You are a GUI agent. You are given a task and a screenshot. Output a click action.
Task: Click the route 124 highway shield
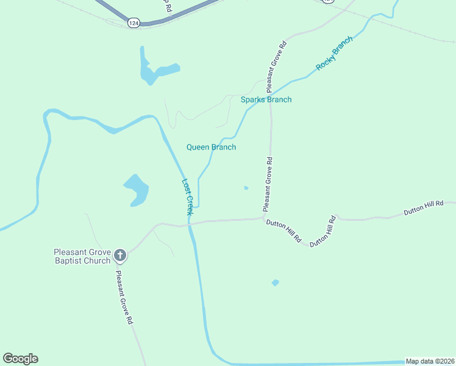click(134, 22)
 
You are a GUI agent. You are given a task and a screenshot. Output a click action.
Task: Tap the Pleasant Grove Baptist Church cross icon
click(120, 256)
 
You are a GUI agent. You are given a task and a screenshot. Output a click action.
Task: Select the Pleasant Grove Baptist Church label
click(82, 256)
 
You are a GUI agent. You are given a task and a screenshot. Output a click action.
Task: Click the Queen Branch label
click(211, 147)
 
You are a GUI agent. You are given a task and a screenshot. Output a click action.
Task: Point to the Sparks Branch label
click(266, 99)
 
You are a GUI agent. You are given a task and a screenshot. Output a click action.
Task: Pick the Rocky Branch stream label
click(334, 53)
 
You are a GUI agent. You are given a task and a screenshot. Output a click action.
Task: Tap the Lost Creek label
click(188, 196)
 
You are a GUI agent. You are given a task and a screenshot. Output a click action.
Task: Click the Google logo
click(20, 359)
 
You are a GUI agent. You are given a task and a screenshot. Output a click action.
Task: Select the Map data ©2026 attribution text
click(430, 361)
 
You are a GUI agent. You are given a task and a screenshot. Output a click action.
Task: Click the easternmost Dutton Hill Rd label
click(423, 208)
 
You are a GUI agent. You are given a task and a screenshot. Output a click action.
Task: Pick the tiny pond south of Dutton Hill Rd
click(275, 282)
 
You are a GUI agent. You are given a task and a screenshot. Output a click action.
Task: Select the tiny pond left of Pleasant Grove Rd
click(246, 187)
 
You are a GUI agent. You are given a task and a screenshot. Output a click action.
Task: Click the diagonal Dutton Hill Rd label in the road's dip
click(323, 231)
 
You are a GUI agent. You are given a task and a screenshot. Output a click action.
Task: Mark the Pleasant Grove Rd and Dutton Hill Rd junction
click(263, 218)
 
